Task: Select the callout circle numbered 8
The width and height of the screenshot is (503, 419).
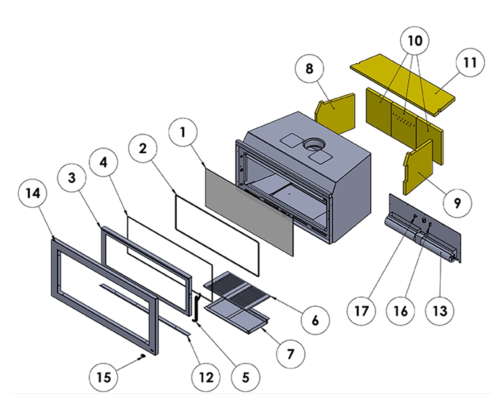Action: pyautogui.click(x=309, y=69)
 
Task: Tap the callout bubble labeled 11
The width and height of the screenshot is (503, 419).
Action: pyautogui.click(x=470, y=63)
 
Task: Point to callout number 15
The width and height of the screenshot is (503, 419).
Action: pyautogui.click(x=104, y=377)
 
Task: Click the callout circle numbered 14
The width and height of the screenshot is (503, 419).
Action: pyautogui.click(x=33, y=193)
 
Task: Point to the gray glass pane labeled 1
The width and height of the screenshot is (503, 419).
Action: pyautogui.click(x=247, y=209)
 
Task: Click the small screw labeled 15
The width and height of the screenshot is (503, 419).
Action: pyautogui.click(x=143, y=356)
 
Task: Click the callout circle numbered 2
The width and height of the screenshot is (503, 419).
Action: pyautogui.click(x=143, y=148)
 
